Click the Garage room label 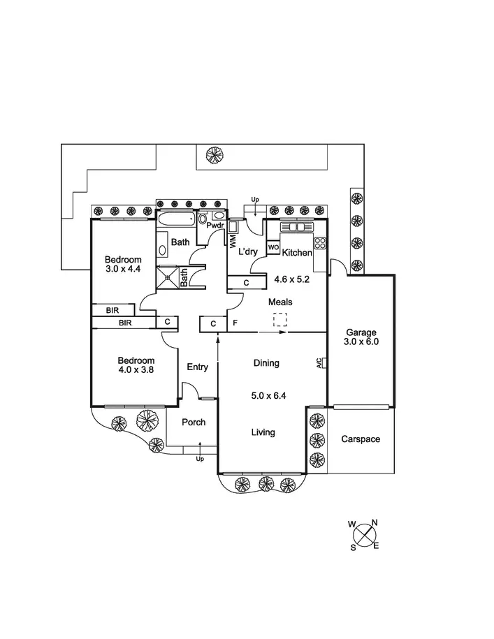(361, 332)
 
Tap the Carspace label (361, 439)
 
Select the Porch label (193, 422)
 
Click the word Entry (197, 367)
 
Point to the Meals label (280, 302)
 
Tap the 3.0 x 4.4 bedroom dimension (123, 268)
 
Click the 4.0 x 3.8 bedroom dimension (135, 370)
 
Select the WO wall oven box (273, 247)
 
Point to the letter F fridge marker (235, 324)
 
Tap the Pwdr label (215, 226)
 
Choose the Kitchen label (297, 252)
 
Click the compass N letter (375, 522)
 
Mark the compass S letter (353, 548)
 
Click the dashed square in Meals (279, 320)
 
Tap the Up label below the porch (200, 459)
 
